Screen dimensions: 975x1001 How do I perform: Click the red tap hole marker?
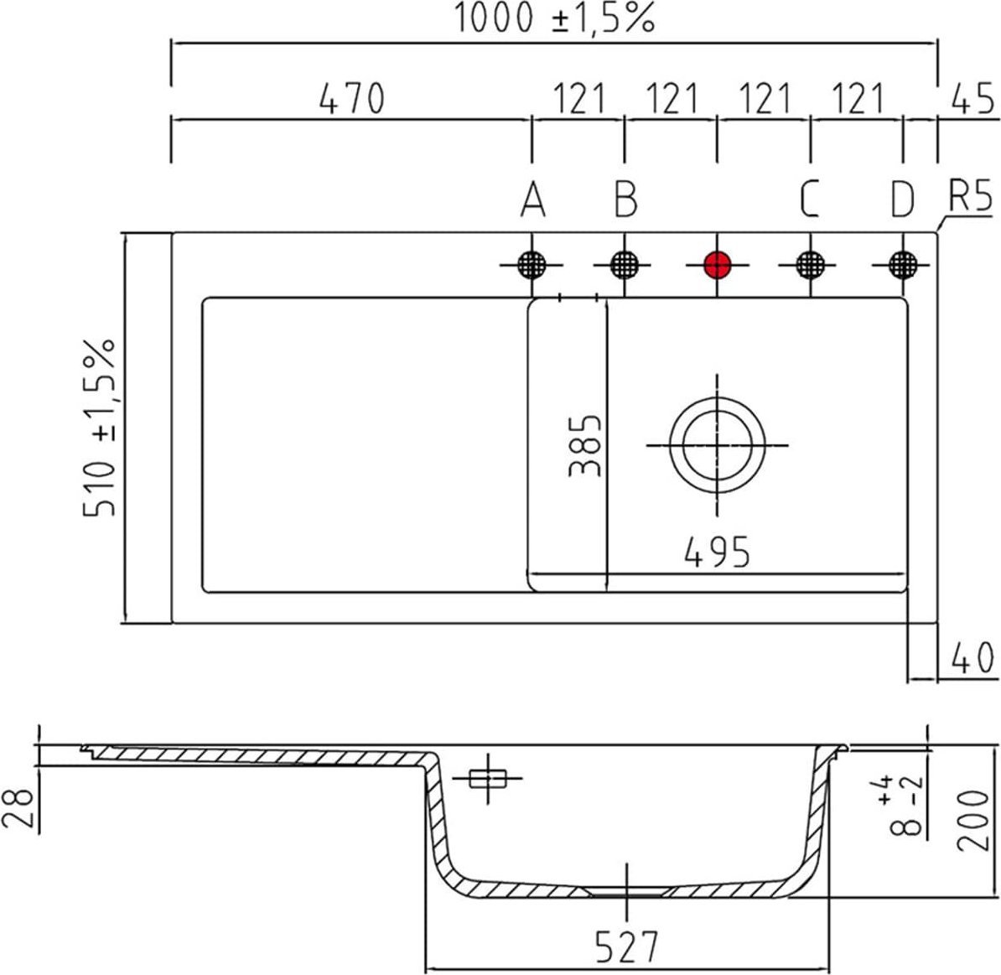717,265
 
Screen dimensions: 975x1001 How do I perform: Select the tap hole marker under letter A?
531,265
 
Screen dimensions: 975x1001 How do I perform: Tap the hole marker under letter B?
623,265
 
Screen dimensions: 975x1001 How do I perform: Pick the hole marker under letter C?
809,265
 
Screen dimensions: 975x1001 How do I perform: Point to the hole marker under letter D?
902,265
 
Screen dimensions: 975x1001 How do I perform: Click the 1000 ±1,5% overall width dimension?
553,18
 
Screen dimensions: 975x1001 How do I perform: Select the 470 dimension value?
351,99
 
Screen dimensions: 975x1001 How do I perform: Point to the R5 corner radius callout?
971,199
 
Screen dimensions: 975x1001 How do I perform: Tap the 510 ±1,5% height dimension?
100,428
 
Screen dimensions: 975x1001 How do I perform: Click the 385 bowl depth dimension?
585,445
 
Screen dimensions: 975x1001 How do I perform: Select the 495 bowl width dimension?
717,552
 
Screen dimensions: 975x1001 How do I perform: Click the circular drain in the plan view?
717,444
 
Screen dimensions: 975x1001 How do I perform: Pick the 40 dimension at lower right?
972,658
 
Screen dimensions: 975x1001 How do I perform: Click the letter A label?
532,200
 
